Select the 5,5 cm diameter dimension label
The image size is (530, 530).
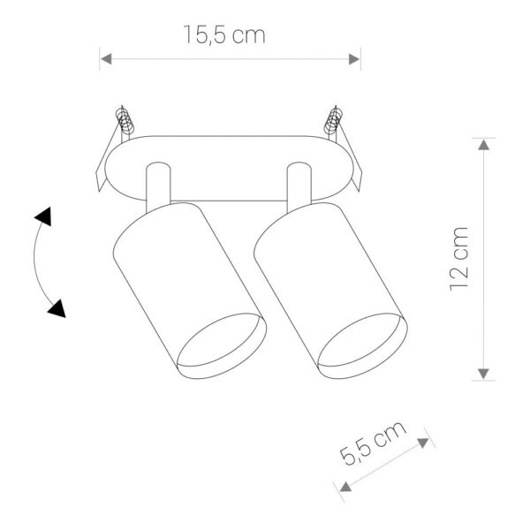[373, 446]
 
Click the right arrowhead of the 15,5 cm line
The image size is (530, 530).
[354, 59]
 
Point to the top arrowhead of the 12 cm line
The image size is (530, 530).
[483, 145]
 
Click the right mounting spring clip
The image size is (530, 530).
[334, 122]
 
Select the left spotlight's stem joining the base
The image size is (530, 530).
[155, 185]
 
